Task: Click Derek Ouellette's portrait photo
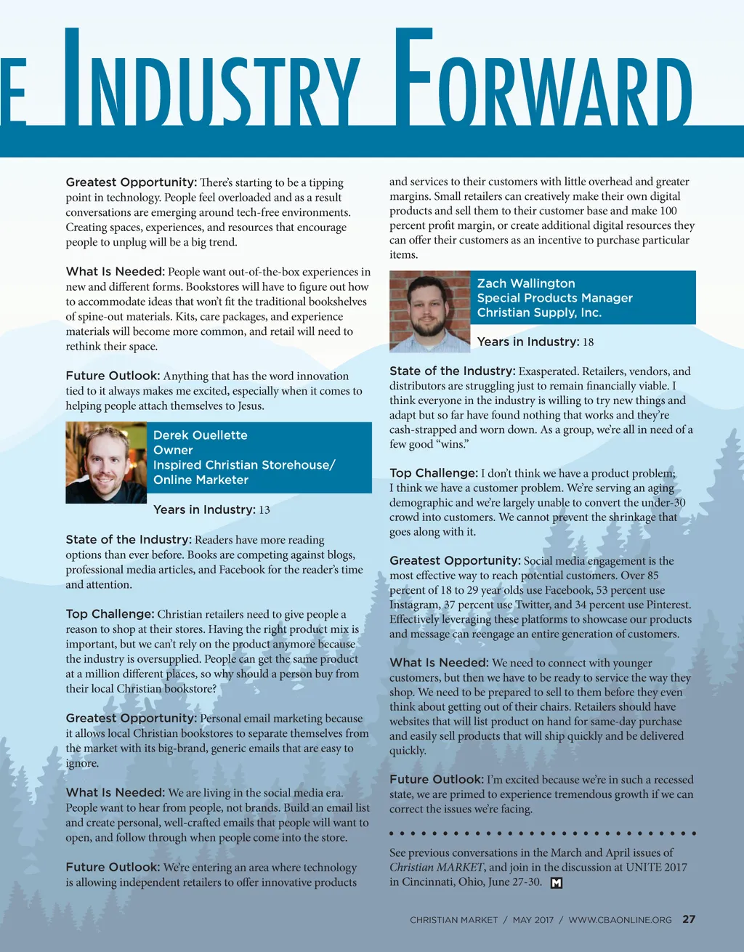(106, 463)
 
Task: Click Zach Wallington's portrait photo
(429, 312)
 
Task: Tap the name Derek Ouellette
(200, 435)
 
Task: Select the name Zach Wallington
(525, 283)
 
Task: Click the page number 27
(689, 919)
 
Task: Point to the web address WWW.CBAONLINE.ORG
(620, 920)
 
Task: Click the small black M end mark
(557, 883)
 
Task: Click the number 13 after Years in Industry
(264, 510)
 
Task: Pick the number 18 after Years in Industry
(588, 342)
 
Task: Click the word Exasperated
(548, 371)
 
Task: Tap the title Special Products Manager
(554, 298)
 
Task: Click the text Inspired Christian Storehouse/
(244, 465)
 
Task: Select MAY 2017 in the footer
(533, 920)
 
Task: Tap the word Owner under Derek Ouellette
(173, 451)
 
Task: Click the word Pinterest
(667, 605)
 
